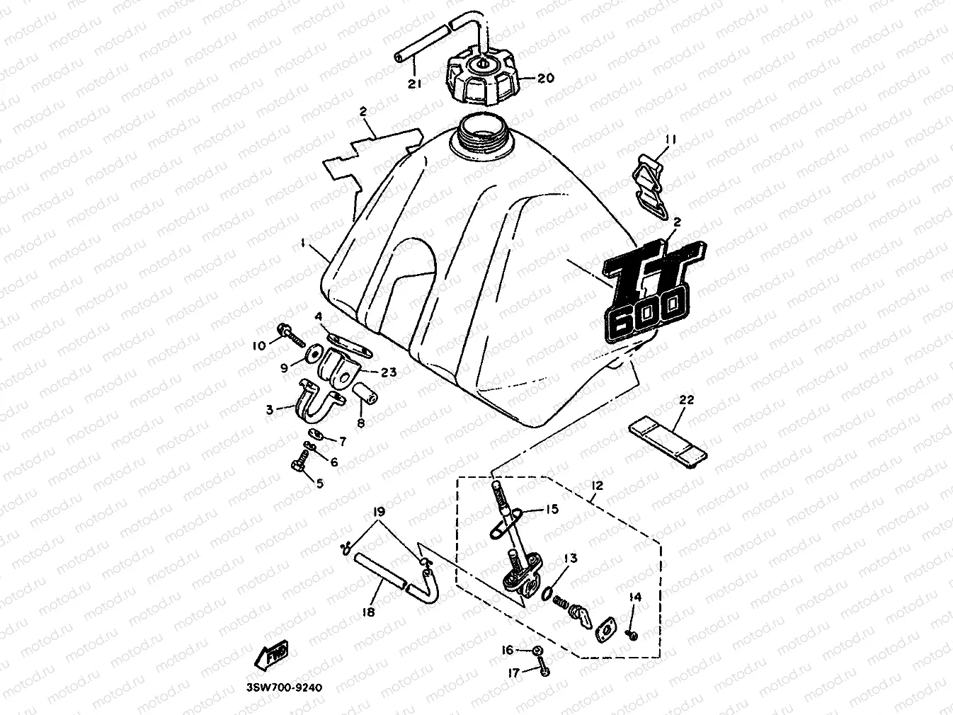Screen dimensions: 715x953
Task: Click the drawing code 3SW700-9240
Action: point(280,688)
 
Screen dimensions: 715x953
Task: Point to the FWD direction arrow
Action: point(272,655)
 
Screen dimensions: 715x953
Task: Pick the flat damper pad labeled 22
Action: point(668,436)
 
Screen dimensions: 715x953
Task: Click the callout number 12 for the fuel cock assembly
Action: point(596,486)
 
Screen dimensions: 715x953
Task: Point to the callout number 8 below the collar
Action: point(361,423)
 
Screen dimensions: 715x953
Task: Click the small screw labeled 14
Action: point(632,635)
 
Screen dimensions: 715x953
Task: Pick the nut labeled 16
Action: point(537,651)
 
